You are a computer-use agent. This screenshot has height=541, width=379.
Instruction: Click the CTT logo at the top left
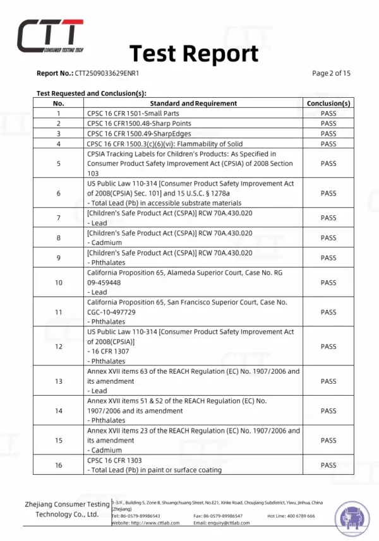pos(50,35)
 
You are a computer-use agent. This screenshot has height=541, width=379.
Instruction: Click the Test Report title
pos(194,54)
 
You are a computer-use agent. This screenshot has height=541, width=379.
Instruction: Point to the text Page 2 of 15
pos(331,73)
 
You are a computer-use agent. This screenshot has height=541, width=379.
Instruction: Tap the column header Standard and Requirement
pos(193,103)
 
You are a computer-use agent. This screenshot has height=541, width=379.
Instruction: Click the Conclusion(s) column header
pos(328,103)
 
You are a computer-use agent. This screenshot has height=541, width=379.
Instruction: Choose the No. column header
pos(59,103)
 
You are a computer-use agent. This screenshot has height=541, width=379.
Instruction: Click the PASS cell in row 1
pos(328,114)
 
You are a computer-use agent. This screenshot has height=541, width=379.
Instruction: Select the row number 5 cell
pos(59,163)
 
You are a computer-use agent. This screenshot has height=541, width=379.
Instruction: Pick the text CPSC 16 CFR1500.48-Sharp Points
pos(139,124)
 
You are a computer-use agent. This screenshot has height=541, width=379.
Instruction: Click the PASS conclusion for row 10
pos(328,283)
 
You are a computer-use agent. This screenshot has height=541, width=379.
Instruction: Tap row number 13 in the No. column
pos(59,381)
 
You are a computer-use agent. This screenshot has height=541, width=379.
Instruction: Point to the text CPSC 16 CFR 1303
pos(112,460)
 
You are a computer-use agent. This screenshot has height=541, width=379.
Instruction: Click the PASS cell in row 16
pos(328,465)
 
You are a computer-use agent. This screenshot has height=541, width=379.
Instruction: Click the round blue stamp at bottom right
pos(351,517)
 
